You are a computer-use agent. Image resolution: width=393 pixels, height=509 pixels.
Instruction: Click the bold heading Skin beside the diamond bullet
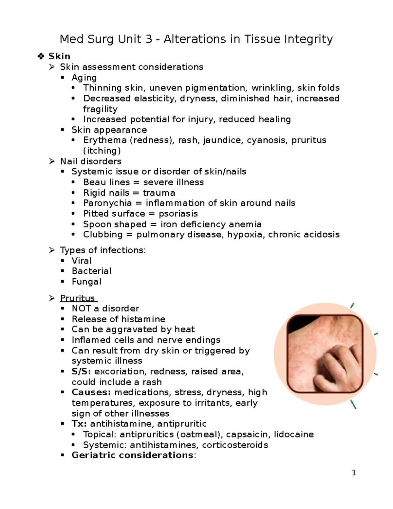pos(59,56)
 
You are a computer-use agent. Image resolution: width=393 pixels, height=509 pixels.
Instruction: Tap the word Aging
pos(84,78)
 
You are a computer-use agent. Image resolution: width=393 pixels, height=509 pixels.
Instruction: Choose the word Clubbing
pos(103,235)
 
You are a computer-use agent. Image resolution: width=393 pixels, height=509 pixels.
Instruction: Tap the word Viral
pos(82,261)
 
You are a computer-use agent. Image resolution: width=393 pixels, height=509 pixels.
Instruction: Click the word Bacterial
pos(91,271)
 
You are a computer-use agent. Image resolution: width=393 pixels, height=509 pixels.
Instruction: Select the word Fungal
pos(86,282)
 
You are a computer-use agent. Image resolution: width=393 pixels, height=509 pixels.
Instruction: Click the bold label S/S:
pos(82,372)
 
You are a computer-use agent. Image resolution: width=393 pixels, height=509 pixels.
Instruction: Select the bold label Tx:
pos(79,424)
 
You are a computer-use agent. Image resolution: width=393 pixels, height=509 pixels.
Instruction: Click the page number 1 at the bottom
pos(354,473)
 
